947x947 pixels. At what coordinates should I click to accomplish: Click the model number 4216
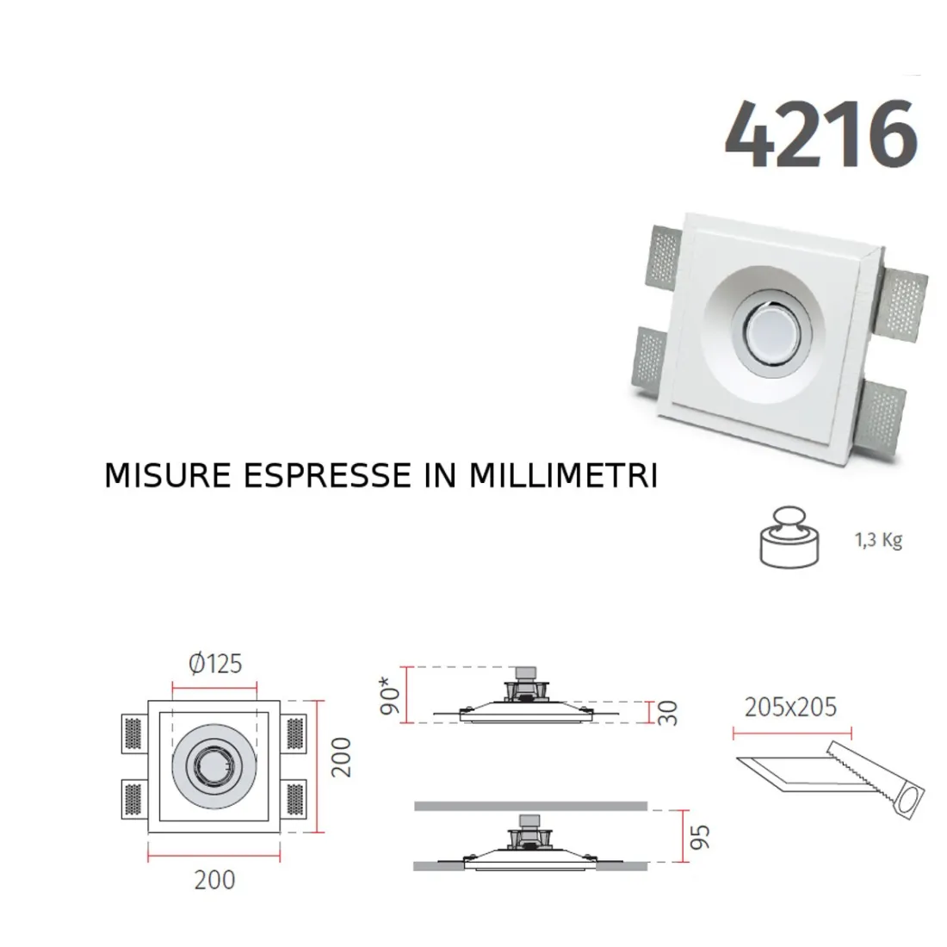pyautogui.click(x=820, y=136)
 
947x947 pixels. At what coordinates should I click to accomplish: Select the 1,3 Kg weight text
pyautogui.click(x=878, y=541)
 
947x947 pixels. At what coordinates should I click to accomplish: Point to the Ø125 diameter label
pyautogui.click(x=214, y=664)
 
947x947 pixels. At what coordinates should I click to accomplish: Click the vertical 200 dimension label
pyautogui.click(x=342, y=757)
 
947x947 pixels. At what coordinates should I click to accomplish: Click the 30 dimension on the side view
pyautogui.click(x=668, y=713)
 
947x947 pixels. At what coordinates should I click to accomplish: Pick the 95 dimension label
pyautogui.click(x=701, y=836)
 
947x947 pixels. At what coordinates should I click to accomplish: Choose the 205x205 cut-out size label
pyautogui.click(x=790, y=707)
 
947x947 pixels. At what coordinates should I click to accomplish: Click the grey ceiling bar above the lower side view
pyautogui.click(x=529, y=806)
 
